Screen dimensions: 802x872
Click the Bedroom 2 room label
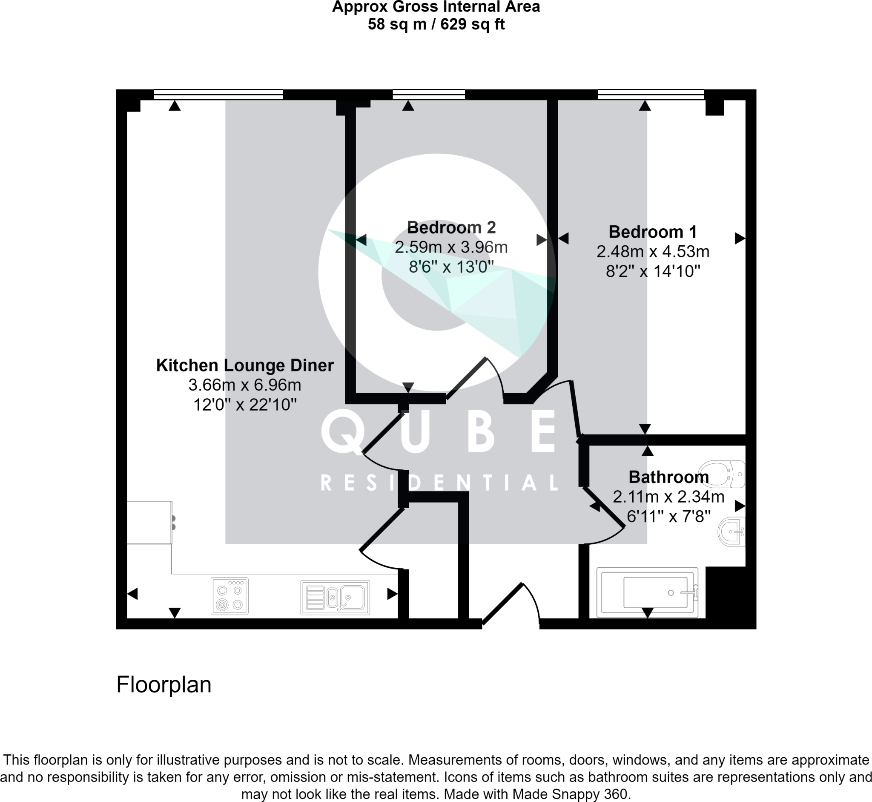coord(451,227)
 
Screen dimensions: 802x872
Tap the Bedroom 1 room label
coord(652,232)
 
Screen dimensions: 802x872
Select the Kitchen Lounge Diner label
coord(245,365)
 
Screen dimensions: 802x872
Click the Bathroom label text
coord(668,477)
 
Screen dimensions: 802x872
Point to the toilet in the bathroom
coord(722,474)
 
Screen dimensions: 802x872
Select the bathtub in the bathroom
coord(647,592)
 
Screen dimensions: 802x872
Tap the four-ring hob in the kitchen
coord(229,596)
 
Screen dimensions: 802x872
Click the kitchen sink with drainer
coord(335,597)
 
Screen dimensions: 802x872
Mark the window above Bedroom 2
coord(429,94)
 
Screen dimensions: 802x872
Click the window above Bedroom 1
coord(651,94)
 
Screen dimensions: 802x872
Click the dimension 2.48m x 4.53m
coord(652,252)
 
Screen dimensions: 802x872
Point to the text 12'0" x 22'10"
coord(245,405)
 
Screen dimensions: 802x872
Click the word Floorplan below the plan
coord(163,684)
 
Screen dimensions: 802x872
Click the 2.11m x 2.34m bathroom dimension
coord(668,497)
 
